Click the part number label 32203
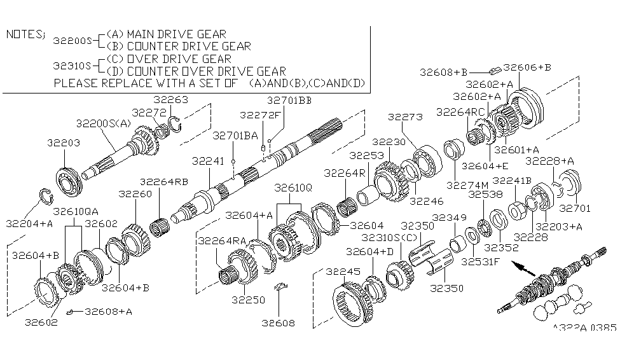(x=63, y=143)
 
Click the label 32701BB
(x=289, y=100)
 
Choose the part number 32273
(x=404, y=118)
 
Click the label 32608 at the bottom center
(x=278, y=323)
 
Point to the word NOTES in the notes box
(x=25, y=34)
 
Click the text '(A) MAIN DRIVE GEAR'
(x=166, y=34)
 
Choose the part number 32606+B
(x=527, y=67)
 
